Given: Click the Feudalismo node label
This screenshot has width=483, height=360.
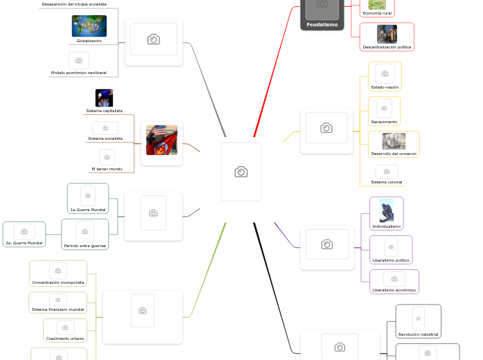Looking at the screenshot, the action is tap(322, 25).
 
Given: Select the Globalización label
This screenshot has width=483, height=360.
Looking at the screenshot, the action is tap(89, 41).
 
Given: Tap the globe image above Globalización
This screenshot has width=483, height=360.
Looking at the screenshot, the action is tap(89, 26).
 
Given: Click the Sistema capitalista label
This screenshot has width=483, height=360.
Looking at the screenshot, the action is tap(104, 111).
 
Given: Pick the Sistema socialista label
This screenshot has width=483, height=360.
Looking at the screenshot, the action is tap(105, 138).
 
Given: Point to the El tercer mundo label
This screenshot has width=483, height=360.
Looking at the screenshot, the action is tap(107, 169).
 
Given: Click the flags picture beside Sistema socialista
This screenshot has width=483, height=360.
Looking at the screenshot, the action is tap(161, 140).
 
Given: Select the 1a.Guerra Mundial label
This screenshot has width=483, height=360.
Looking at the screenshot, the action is tap(88, 209).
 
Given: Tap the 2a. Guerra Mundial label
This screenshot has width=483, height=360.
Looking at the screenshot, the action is tap(24, 243).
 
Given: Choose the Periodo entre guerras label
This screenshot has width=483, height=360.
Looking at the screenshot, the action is tap(85, 246).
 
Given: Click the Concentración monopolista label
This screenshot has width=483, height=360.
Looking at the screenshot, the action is tap(58, 282).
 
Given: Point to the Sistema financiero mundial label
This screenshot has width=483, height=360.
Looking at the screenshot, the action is tap(58, 309).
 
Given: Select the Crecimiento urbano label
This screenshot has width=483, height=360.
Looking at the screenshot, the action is tap(65, 339).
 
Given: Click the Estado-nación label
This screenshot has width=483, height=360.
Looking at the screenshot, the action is tap(385, 87).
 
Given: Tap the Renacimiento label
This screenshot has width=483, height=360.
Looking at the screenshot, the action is tap(384, 122).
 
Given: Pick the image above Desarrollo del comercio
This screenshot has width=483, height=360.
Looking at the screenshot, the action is tap(394, 141).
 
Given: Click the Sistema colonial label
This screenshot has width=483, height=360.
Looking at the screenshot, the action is tap(386, 182).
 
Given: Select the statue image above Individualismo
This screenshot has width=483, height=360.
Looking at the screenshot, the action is tap(386, 210).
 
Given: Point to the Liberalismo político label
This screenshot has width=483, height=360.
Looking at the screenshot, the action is tap(391, 260).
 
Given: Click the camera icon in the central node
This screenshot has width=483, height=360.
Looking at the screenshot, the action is tap(241, 172).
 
